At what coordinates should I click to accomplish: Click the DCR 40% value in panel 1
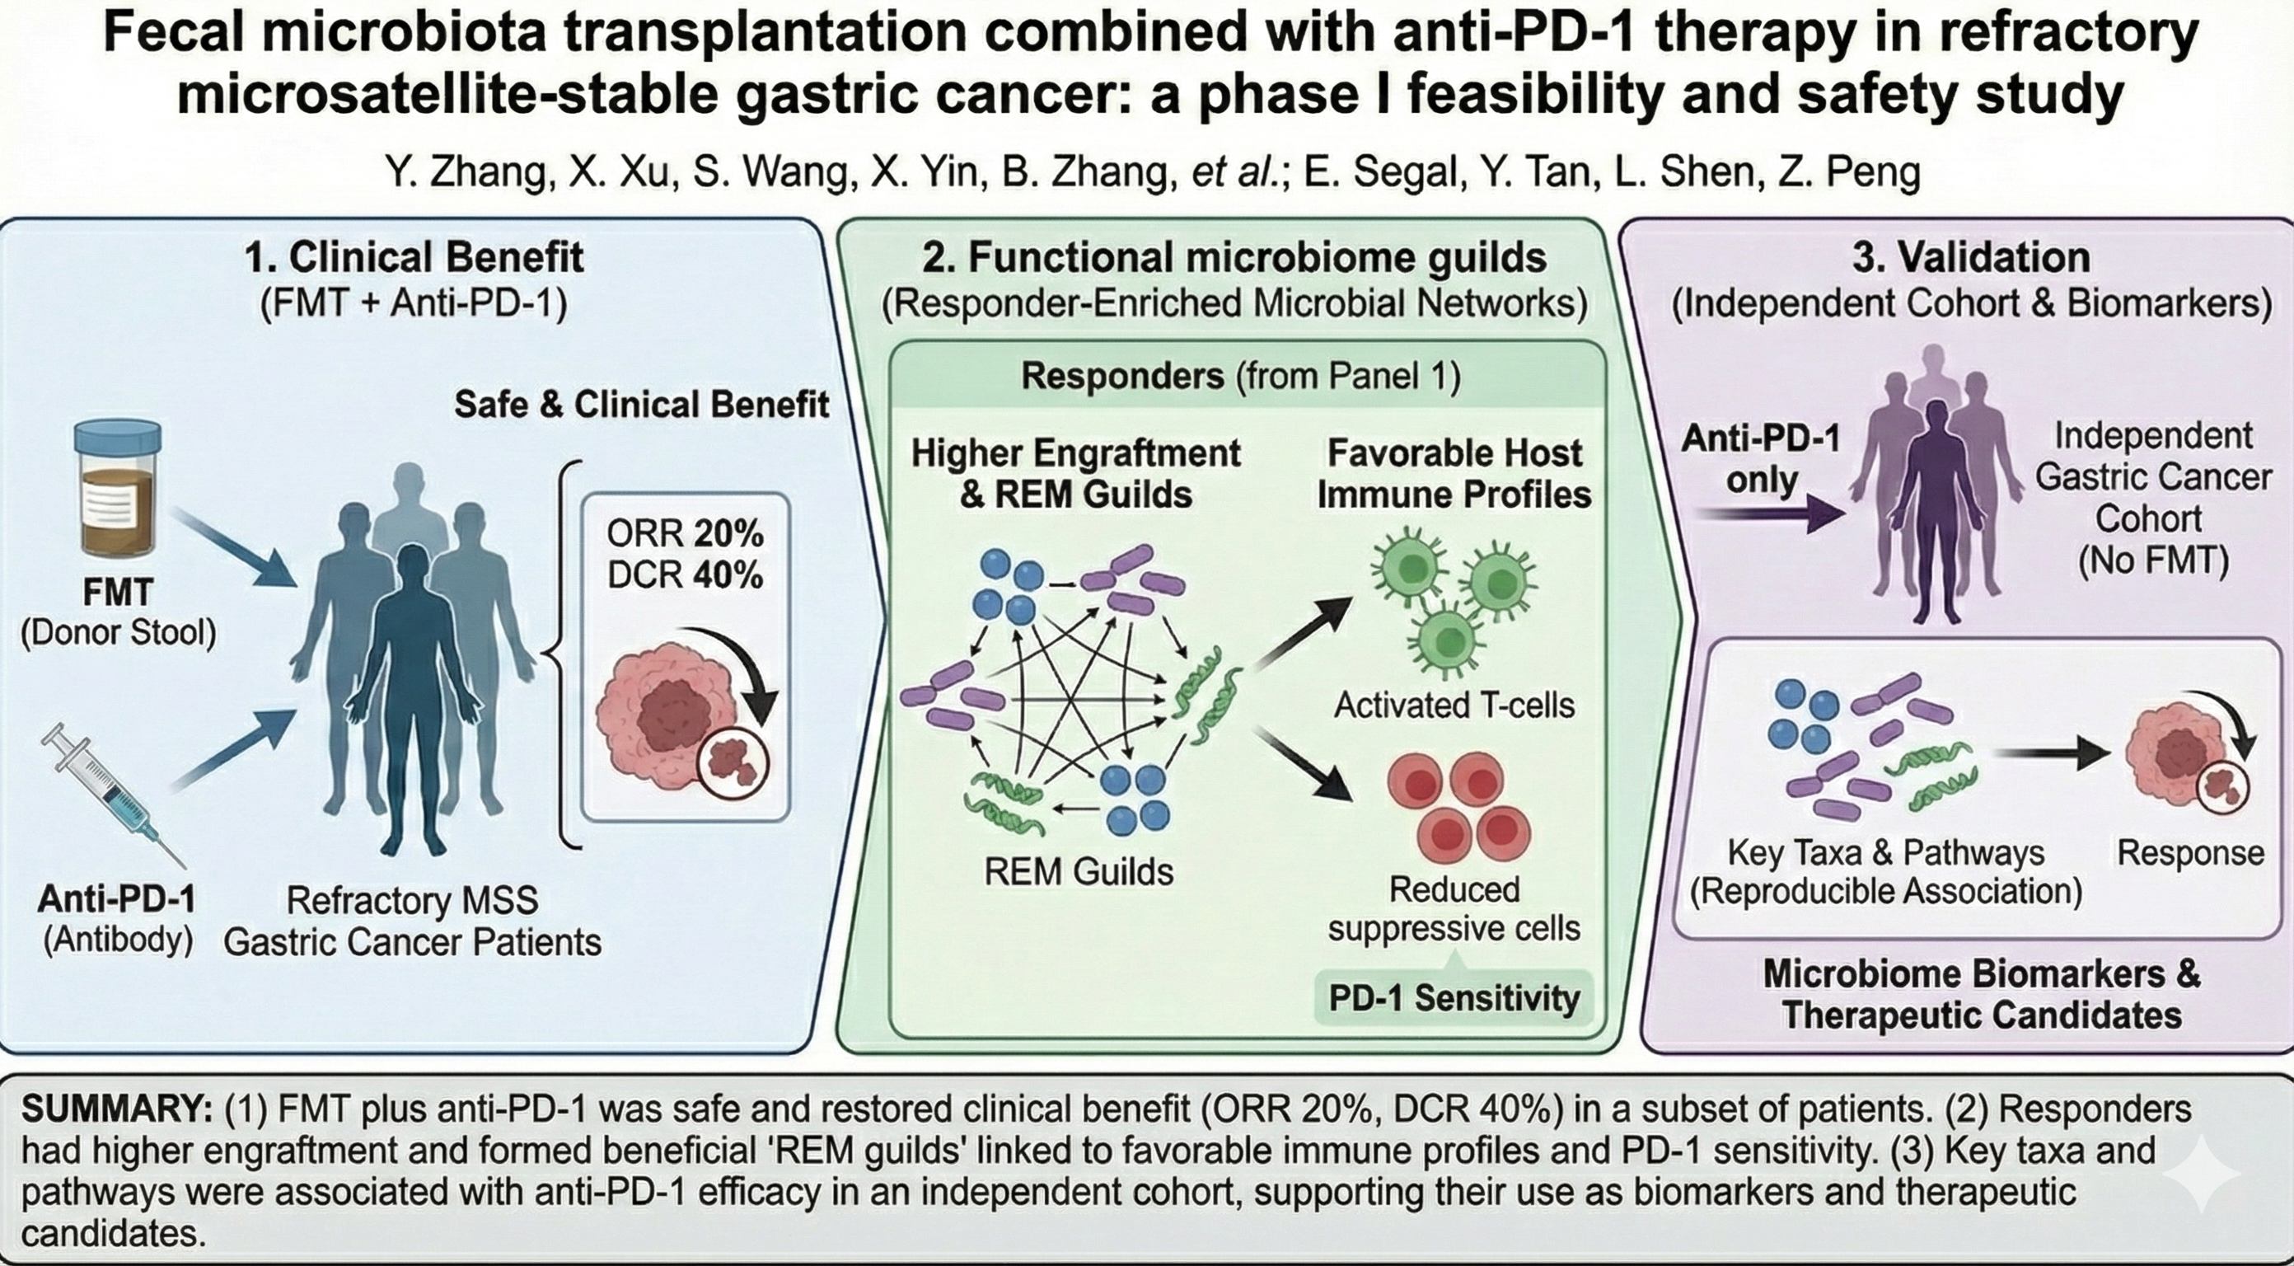click(685, 575)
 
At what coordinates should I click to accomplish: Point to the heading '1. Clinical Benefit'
click(414, 257)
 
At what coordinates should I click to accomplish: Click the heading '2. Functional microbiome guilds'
click(1234, 257)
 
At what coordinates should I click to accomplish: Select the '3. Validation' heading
click(1971, 257)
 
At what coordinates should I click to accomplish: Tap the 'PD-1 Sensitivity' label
click(1454, 997)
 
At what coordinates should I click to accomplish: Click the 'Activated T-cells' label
click(1454, 705)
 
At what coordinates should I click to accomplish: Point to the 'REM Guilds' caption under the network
click(1078, 870)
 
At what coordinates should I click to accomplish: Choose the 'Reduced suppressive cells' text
click(1454, 909)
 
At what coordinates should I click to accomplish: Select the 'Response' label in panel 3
click(2190, 852)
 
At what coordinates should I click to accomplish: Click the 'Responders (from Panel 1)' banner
click(1240, 376)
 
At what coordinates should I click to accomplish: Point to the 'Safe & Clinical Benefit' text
click(641, 405)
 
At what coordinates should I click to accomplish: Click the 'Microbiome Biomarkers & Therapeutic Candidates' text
click(1982, 994)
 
